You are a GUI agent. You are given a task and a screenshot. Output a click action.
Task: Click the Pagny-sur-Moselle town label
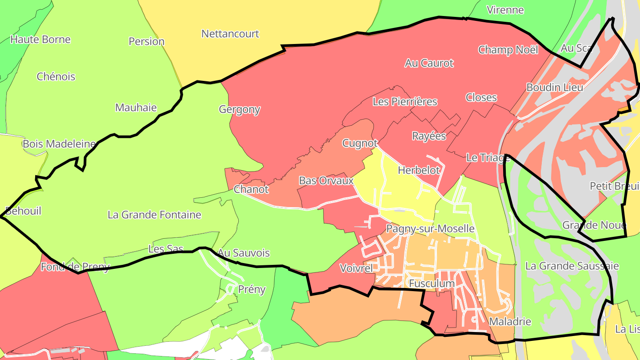click(430, 229)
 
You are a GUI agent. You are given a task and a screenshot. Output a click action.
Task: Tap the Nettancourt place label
click(230, 34)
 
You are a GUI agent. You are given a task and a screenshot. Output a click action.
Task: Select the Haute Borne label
click(40, 40)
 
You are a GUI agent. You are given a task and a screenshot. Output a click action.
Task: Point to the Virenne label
click(505, 10)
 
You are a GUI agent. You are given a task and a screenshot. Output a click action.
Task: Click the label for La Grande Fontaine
click(154, 215)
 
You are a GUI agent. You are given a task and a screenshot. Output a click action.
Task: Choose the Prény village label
click(252, 290)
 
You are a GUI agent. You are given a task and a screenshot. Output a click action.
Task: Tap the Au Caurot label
click(429, 63)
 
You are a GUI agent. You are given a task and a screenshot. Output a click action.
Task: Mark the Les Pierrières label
click(405, 102)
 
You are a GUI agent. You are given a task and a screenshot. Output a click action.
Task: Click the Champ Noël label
click(508, 50)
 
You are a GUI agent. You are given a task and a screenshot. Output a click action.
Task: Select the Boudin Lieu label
click(554, 88)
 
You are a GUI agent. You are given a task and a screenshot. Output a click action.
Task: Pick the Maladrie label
click(510, 321)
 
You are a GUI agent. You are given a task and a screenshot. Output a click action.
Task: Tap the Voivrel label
click(356, 268)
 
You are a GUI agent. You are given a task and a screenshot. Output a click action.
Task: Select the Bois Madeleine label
click(59, 144)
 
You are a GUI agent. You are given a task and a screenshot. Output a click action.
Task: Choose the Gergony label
click(240, 109)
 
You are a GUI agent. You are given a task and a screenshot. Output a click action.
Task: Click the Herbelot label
click(419, 170)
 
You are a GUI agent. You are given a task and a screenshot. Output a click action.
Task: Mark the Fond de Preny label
click(75, 267)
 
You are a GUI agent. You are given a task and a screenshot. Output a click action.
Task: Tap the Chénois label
click(56, 77)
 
